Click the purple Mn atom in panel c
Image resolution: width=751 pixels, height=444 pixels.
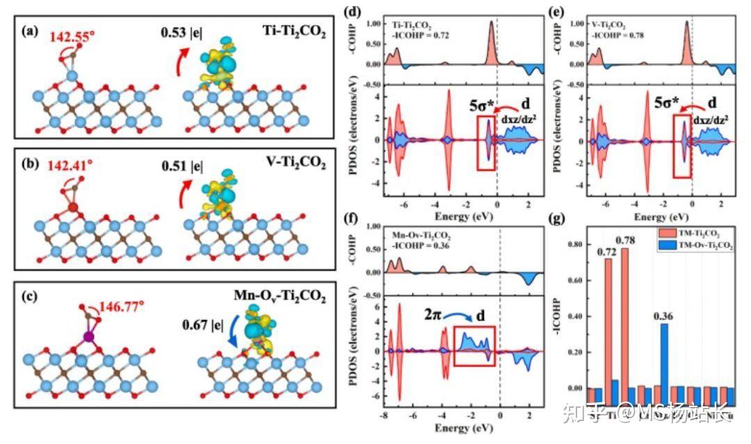[89, 337]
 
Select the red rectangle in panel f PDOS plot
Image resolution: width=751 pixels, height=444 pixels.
[474, 346]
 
